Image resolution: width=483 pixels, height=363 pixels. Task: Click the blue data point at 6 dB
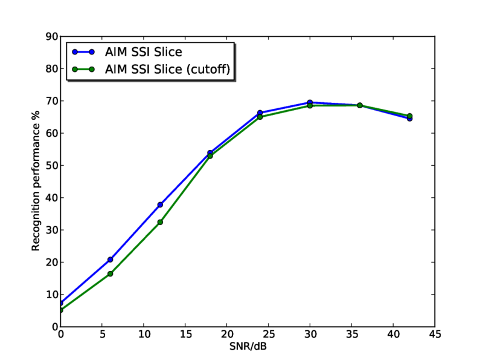tap(110, 260)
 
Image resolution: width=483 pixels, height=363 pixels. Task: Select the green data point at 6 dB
tap(110, 274)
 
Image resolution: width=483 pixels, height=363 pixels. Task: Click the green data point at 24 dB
tap(260, 117)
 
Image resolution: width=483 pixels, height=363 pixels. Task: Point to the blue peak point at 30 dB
tap(310, 102)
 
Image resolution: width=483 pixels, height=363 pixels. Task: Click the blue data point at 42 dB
tap(409, 119)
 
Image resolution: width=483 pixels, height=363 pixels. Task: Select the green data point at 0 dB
tap(60, 310)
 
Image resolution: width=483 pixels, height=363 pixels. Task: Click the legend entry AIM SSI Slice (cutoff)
tap(167, 70)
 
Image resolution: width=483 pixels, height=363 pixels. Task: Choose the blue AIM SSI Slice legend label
tap(143, 52)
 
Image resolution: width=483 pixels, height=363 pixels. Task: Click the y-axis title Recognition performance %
tap(36, 181)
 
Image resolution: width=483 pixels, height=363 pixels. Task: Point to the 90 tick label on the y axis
tap(51, 37)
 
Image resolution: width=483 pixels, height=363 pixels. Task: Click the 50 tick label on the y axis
tap(51, 166)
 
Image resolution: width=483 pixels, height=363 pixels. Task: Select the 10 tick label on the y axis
tap(51, 295)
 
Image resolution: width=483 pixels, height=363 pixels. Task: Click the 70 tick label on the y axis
tap(51, 101)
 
